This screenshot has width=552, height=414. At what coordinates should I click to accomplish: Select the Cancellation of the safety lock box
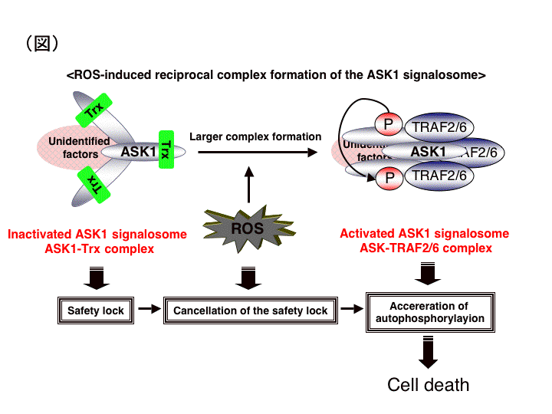[250, 310]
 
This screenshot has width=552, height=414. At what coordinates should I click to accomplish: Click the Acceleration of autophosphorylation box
[425, 310]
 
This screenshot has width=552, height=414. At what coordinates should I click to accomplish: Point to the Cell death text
[428, 384]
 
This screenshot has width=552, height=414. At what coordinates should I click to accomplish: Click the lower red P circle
[389, 177]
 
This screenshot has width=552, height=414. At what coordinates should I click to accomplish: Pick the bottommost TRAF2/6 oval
[439, 176]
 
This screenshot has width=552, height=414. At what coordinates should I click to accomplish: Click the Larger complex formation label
[255, 136]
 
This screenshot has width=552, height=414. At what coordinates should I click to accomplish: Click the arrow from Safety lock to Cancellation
[152, 310]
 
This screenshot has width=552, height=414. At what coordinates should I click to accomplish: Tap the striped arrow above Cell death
[428, 354]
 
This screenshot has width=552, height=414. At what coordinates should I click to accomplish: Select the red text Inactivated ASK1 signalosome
[97, 235]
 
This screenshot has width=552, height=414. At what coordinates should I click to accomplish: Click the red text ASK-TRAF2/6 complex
[426, 248]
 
